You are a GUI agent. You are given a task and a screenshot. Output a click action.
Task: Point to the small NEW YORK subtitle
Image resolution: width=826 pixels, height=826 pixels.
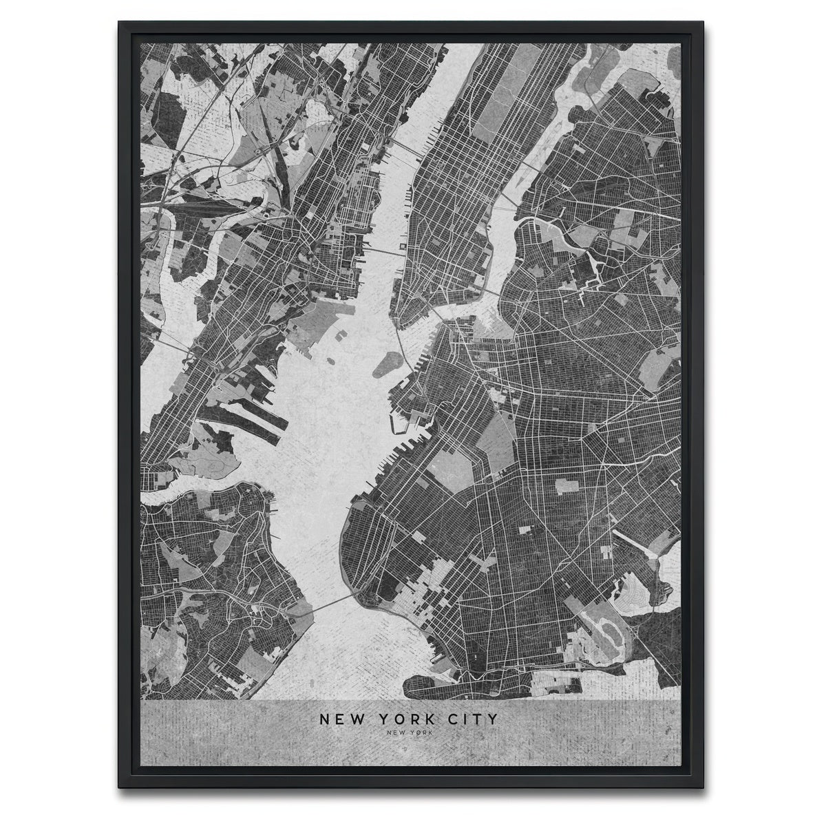[x=407, y=734]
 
